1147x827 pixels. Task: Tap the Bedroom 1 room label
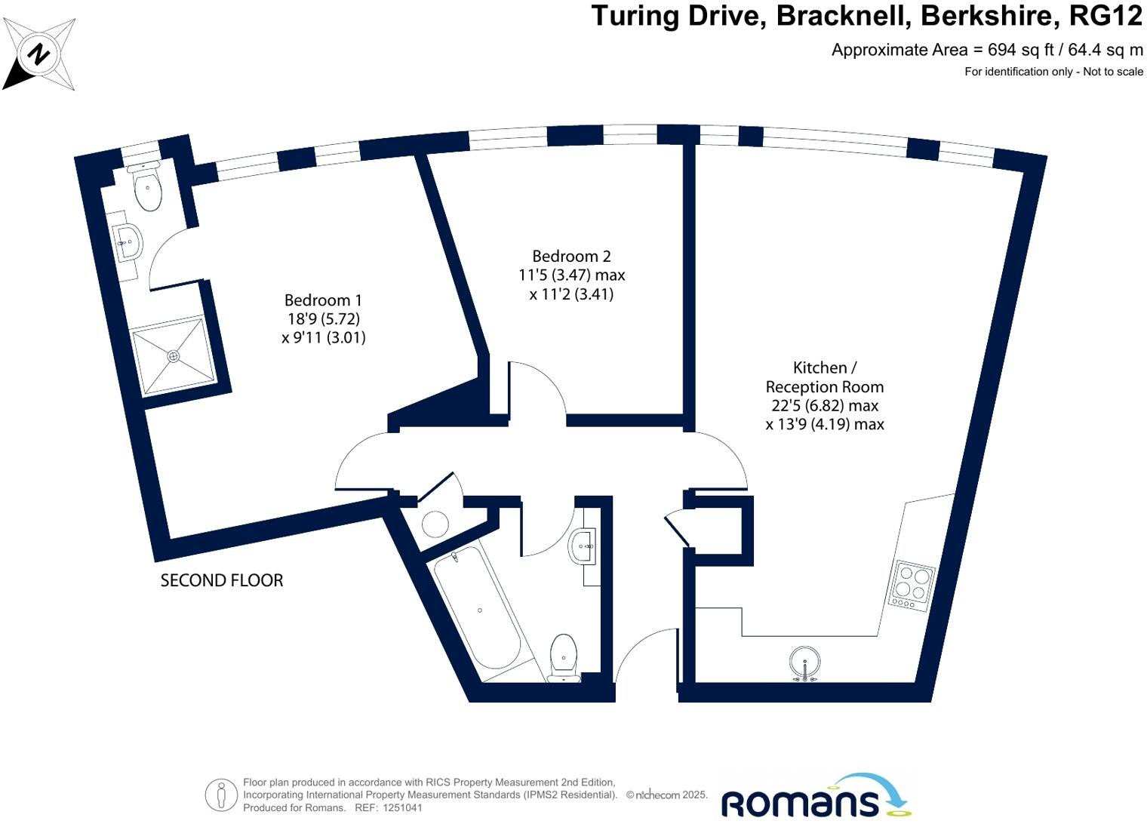tap(323, 318)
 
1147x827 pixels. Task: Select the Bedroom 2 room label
tap(571, 275)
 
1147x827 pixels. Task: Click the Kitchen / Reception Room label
tap(824, 395)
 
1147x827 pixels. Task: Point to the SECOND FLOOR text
tap(222, 580)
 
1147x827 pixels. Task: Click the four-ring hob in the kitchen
tap(912, 585)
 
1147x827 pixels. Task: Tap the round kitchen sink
tap(806, 663)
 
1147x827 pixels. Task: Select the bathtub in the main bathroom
tap(477, 608)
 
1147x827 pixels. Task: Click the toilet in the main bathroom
tap(564, 656)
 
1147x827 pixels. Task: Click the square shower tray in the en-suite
tap(174, 355)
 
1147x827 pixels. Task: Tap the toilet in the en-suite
tap(147, 187)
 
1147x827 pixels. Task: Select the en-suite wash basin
tap(129, 242)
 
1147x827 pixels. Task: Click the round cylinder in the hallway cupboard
tap(435, 524)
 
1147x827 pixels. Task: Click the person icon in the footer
tap(221, 795)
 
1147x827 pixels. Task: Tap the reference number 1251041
tap(403, 808)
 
